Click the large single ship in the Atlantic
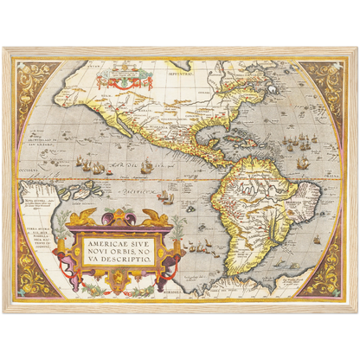(x=304, y=163)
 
